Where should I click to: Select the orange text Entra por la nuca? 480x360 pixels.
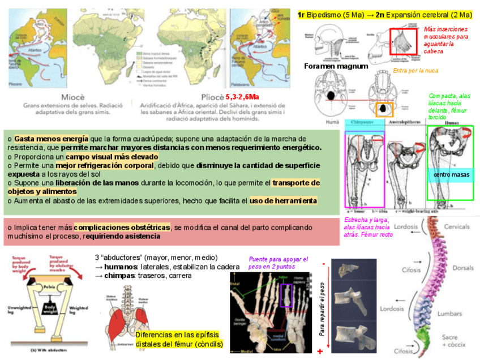tap(415, 71)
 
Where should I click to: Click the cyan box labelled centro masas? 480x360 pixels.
tap(451, 175)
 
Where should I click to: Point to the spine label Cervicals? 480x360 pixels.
tap(456, 226)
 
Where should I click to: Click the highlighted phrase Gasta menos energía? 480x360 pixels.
tap(52, 139)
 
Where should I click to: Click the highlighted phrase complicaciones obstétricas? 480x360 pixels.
tap(122, 227)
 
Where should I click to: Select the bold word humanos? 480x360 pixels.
tap(121, 267)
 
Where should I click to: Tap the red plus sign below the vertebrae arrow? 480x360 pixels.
tap(320, 352)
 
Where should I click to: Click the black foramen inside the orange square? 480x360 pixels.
tap(384, 108)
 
